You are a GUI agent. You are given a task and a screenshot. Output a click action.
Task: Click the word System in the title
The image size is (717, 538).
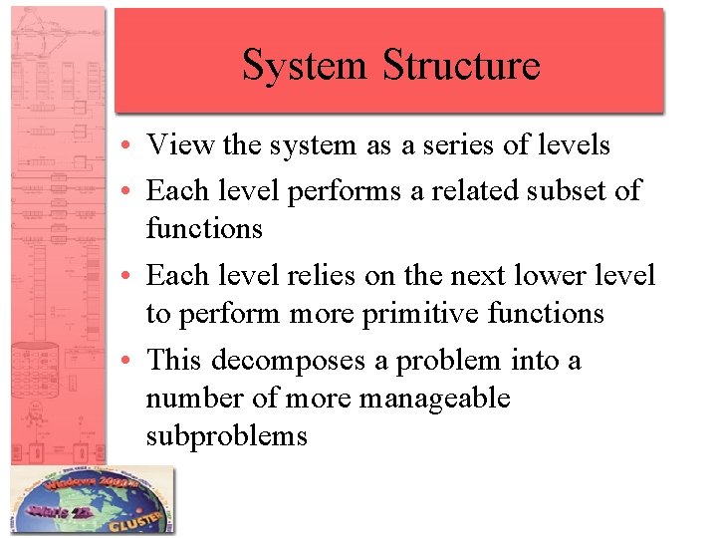[306, 66]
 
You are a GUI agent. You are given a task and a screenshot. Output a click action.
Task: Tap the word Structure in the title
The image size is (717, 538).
[461, 66]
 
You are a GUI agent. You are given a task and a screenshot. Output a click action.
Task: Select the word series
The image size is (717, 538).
[470, 145]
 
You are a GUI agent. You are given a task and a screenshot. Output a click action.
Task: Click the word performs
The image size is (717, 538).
[345, 189]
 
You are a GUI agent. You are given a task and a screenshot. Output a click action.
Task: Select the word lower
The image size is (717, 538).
[566, 274]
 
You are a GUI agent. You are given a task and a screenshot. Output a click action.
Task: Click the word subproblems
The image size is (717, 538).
[226, 436]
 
